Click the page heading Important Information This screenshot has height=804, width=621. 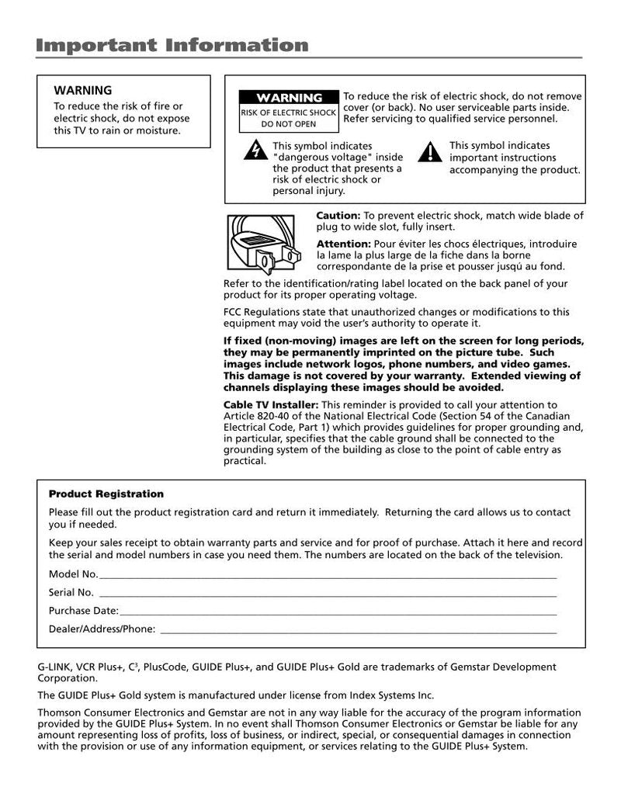pos(172,45)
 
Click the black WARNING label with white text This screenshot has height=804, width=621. pos(289,98)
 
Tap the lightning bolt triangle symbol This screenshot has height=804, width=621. pos(255,151)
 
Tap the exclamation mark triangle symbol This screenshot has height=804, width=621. pos(429,151)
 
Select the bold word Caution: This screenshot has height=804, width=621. pos(338,216)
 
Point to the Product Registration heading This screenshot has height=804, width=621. pos(106,494)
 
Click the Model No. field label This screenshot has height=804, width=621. pos(73,574)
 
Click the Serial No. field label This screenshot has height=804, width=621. pos(71,592)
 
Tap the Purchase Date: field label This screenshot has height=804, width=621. pos(84,611)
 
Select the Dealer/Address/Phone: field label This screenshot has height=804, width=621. pos(102,629)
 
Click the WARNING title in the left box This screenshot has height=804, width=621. pos(82,90)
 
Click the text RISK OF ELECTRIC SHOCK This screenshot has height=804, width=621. pos(289,113)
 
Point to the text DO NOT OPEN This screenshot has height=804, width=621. pos(289,124)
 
